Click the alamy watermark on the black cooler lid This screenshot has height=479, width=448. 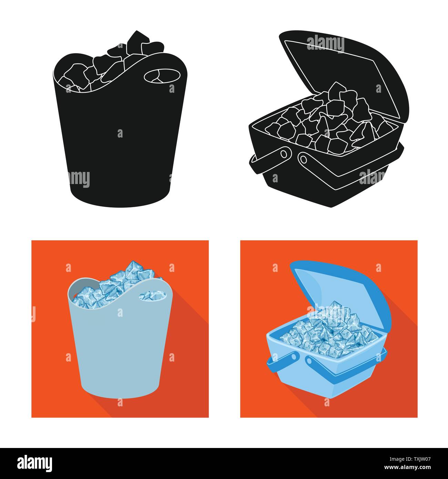pos(325,43)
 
